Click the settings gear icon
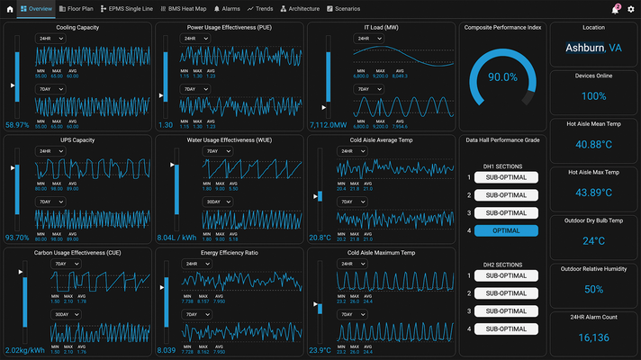[x=630, y=8]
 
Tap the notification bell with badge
[x=616, y=8]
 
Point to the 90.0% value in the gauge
[x=502, y=77]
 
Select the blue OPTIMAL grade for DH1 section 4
[x=506, y=230]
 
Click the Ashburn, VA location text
[x=593, y=48]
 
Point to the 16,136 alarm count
[x=593, y=337]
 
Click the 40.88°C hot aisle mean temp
[x=593, y=144]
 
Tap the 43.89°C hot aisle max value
[x=593, y=193]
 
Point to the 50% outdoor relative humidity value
[x=593, y=289]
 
